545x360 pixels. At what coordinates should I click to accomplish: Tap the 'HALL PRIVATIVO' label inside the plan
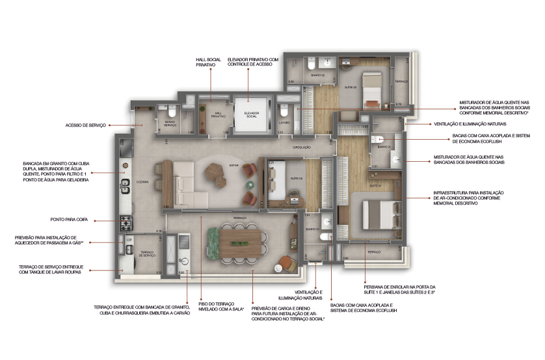218,114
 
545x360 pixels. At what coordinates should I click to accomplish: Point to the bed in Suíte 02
371,91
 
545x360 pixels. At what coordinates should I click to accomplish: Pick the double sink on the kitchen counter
125,189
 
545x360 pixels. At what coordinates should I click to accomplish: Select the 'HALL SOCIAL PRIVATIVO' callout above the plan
209,61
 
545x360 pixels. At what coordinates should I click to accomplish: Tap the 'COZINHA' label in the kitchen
143,183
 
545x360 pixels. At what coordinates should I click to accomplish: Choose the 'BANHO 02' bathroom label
317,76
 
